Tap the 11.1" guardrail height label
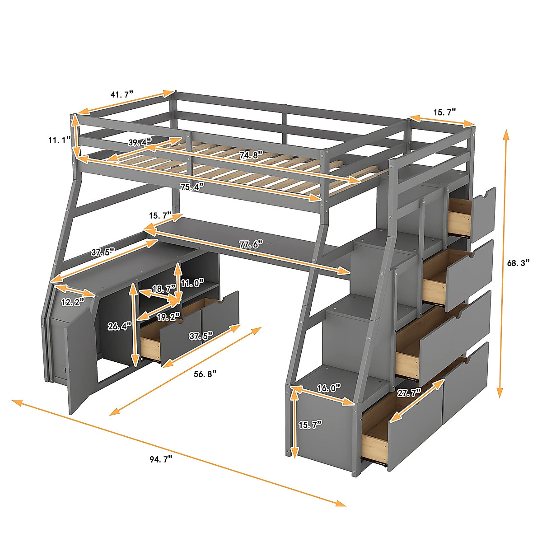[60, 140]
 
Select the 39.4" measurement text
[140, 143]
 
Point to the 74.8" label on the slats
[251, 155]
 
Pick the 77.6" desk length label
[251, 245]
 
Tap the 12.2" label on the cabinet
[73, 302]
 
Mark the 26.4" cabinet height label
[119, 326]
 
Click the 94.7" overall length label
[161, 459]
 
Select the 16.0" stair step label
[328, 388]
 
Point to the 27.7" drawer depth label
[409, 392]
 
